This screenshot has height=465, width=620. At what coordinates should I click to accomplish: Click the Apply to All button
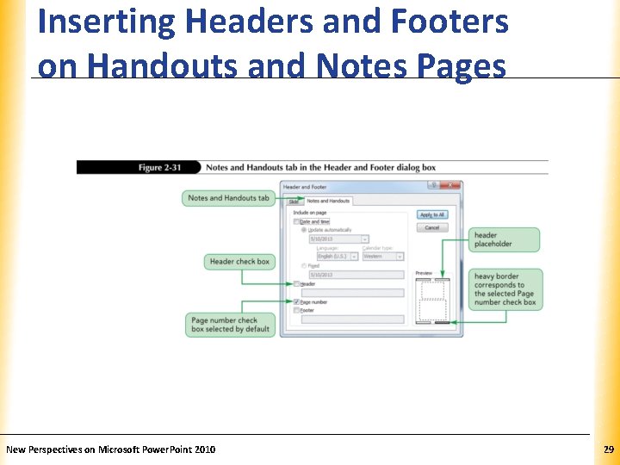(431, 214)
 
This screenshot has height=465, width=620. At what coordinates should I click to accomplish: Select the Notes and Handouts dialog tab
(328, 201)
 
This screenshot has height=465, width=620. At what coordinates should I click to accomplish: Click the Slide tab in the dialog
(293, 201)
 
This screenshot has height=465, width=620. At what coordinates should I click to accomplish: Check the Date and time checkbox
(296, 221)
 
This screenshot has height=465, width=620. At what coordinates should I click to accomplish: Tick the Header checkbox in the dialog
(296, 283)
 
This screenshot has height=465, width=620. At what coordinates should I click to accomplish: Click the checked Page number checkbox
(296, 302)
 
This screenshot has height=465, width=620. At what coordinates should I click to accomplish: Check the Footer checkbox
(296, 310)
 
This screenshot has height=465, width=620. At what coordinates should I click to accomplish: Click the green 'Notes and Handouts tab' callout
(228, 198)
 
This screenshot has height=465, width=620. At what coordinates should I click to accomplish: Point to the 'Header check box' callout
(239, 261)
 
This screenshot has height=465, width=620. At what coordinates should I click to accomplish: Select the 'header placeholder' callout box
(505, 239)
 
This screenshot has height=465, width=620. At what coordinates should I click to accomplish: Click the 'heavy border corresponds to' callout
(506, 289)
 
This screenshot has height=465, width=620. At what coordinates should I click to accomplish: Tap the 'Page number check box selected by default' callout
(231, 325)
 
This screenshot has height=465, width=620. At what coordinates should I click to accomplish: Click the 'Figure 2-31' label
(161, 167)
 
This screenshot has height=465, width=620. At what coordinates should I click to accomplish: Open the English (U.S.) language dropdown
(337, 256)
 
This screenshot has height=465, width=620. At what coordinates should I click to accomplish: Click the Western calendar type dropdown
(382, 256)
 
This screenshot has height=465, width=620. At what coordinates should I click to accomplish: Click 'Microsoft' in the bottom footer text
(117, 449)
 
